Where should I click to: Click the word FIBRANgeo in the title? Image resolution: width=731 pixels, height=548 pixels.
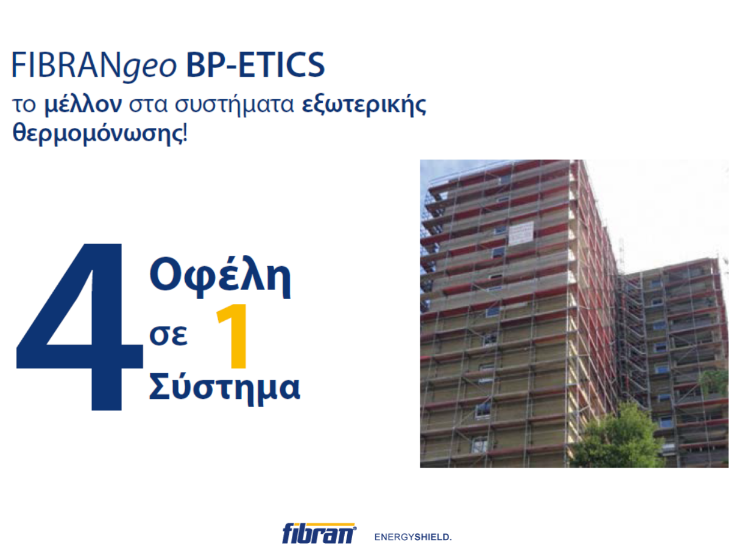[94, 66]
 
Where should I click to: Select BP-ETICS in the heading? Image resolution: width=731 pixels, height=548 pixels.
[255, 65]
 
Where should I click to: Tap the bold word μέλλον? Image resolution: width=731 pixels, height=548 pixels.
[83, 105]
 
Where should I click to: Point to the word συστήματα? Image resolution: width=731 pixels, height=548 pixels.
[235, 105]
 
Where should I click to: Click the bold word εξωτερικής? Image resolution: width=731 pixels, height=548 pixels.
[364, 105]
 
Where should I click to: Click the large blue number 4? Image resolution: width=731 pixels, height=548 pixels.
[79, 327]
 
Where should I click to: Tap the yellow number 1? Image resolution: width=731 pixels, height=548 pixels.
[233, 336]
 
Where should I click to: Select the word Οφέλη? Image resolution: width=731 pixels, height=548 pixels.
[220, 278]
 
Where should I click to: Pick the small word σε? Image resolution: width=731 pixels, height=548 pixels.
[168, 335]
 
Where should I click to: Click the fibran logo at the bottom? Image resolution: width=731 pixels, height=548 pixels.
[319, 533]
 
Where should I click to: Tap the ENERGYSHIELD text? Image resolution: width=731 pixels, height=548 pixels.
[413, 537]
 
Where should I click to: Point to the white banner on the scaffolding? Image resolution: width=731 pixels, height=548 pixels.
[521, 234]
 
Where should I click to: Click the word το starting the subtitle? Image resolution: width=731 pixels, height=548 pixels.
[24, 105]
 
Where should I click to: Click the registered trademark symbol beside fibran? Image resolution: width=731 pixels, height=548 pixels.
[355, 529]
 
